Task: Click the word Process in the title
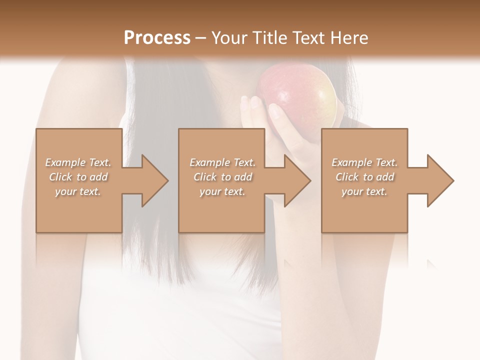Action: (157, 38)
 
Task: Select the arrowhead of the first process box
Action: (152, 180)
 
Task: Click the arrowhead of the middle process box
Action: (295, 180)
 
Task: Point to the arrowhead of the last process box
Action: (438, 180)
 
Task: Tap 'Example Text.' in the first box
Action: (78, 162)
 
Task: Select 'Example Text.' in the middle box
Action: (222, 162)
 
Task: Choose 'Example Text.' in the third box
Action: (364, 162)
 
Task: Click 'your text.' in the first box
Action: (78, 191)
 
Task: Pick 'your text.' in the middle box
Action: (222, 191)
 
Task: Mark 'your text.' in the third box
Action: (364, 191)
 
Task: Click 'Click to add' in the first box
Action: (78, 177)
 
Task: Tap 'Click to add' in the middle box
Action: (222, 177)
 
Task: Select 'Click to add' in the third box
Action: (364, 177)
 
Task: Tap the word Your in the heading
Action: (229, 38)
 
